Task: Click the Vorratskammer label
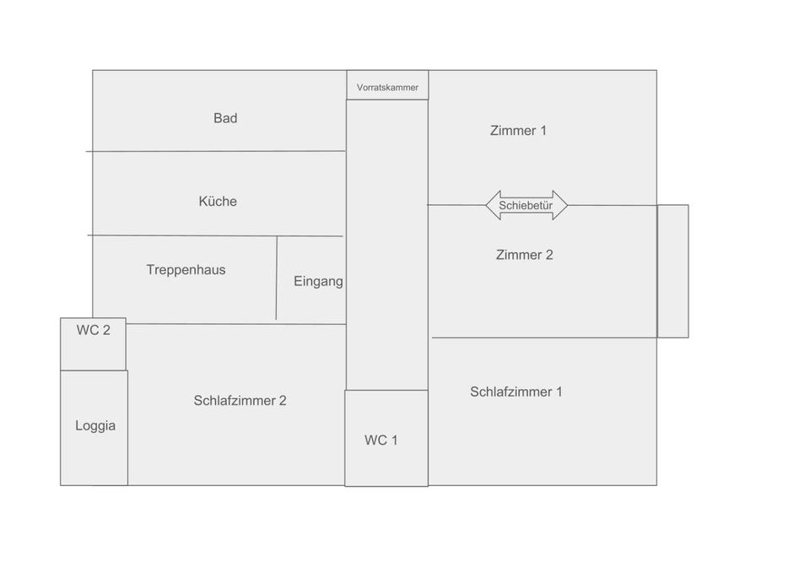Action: pyautogui.click(x=387, y=87)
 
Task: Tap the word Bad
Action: pyautogui.click(x=225, y=118)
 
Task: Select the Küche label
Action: pyautogui.click(x=218, y=201)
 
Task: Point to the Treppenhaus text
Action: pyautogui.click(x=186, y=270)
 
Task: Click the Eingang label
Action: pyautogui.click(x=318, y=281)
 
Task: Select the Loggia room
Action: pyautogui.click(x=94, y=426)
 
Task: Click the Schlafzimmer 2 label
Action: pyautogui.click(x=240, y=400)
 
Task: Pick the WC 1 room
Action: pyautogui.click(x=381, y=440)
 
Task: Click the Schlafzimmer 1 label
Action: pyautogui.click(x=516, y=392)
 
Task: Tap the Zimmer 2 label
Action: pyautogui.click(x=524, y=255)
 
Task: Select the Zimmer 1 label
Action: pyautogui.click(x=518, y=130)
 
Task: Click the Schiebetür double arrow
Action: pyautogui.click(x=526, y=205)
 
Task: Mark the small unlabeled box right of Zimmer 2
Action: pyautogui.click(x=672, y=271)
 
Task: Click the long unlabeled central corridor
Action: pyautogui.click(x=387, y=245)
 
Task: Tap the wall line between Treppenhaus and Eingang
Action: pyautogui.click(x=277, y=278)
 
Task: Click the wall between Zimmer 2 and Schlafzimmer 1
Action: pyautogui.click(x=544, y=338)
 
